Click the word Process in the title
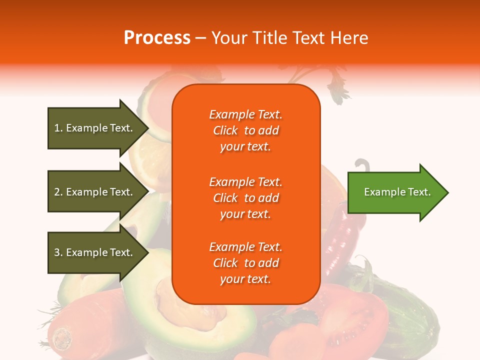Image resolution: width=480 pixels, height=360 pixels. (x=157, y=38)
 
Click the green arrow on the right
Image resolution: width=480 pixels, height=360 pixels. (x=395, y=192)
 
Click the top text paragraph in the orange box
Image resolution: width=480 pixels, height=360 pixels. (x=245, y=130)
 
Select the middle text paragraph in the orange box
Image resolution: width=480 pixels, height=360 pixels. (x=245, y=198)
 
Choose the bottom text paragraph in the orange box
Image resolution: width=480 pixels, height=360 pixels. (x=245, y=263)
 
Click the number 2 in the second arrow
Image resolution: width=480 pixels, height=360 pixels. (x=57, y=192)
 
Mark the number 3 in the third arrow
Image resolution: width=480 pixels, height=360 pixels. (x=57, y=252)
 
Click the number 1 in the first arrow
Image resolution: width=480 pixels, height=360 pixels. (x=57, y=128)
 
